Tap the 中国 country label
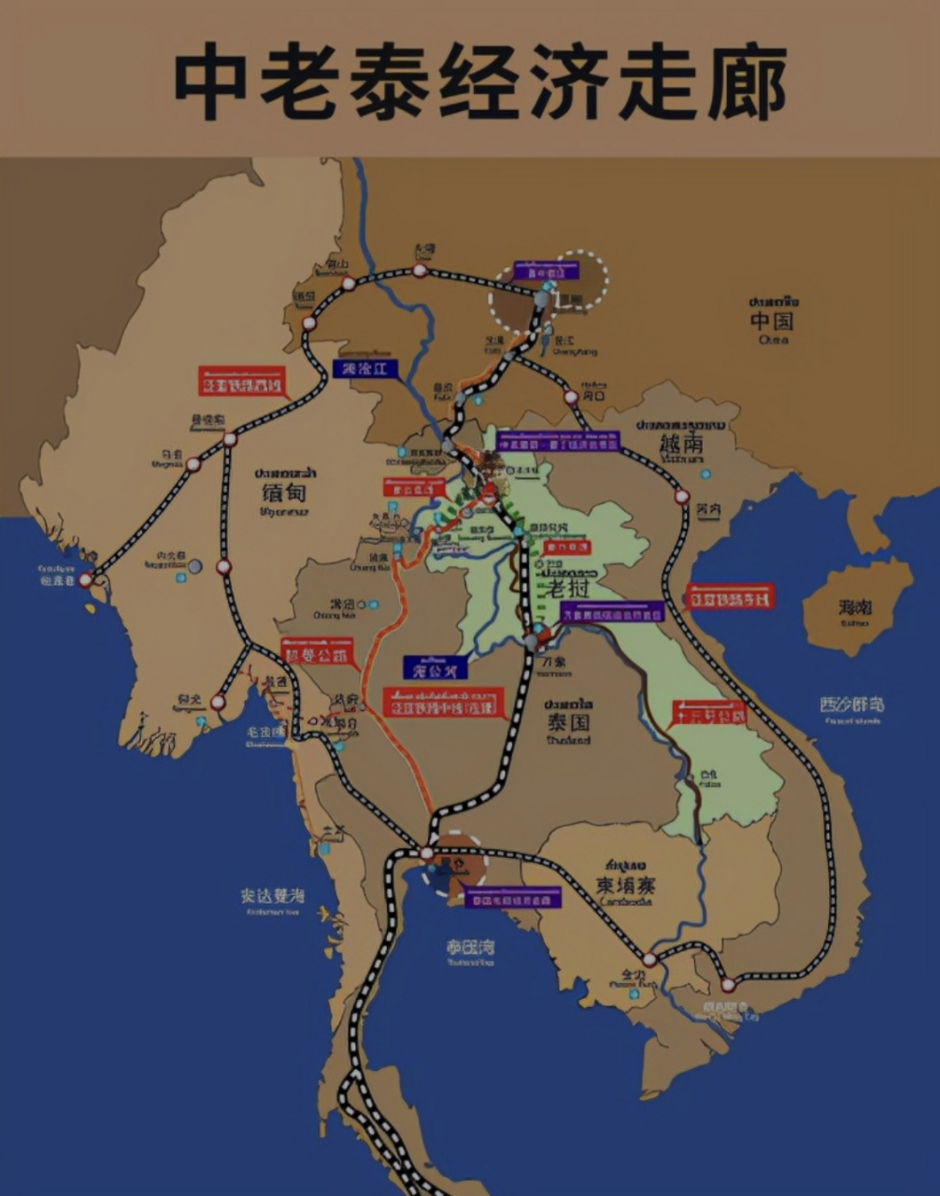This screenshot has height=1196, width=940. pos(772,321)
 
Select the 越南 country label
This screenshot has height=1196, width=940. pos(681,443)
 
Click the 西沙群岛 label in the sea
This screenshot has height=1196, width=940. pos(851,705)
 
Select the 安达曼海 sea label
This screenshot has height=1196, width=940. pos(272,895)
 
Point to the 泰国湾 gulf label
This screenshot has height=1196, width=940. pos(470,947)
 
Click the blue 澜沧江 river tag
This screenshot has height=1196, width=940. pos(364,368)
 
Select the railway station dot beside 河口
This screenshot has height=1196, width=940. pos(571,397)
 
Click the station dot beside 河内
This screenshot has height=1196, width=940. pos(682,496)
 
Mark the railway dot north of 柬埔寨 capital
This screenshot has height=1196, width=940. pos(649,959)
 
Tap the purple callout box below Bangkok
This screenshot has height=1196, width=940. pos(513,899)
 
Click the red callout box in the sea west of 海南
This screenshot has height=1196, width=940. pos(730,596)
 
